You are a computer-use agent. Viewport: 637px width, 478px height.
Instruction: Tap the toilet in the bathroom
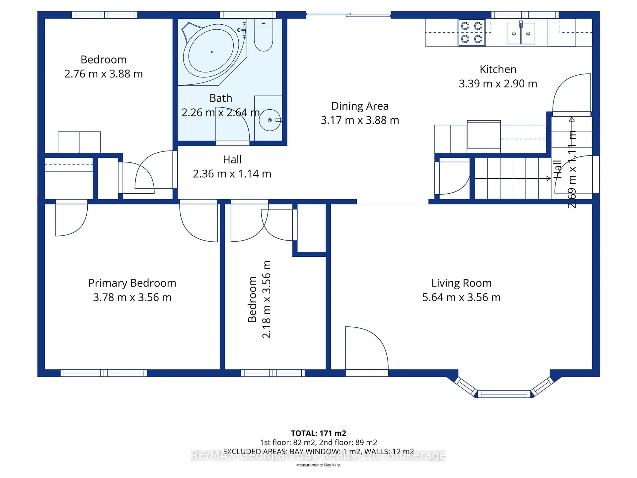click(263, 36)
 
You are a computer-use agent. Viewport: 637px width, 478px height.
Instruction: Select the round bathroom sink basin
click(270, 120)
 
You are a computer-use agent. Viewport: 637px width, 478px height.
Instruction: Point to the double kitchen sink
click(521, 34)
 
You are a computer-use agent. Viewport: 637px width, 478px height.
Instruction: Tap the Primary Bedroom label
click(132, 283)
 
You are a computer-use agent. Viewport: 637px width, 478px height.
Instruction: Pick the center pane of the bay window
click(504, 394)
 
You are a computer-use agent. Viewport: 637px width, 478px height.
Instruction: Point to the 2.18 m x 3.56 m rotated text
click(266, 299)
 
